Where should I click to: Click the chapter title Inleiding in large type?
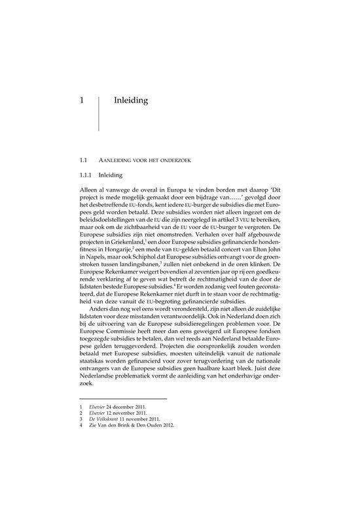[x=131, y=101]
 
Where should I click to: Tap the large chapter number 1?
[x=81, y=101]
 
